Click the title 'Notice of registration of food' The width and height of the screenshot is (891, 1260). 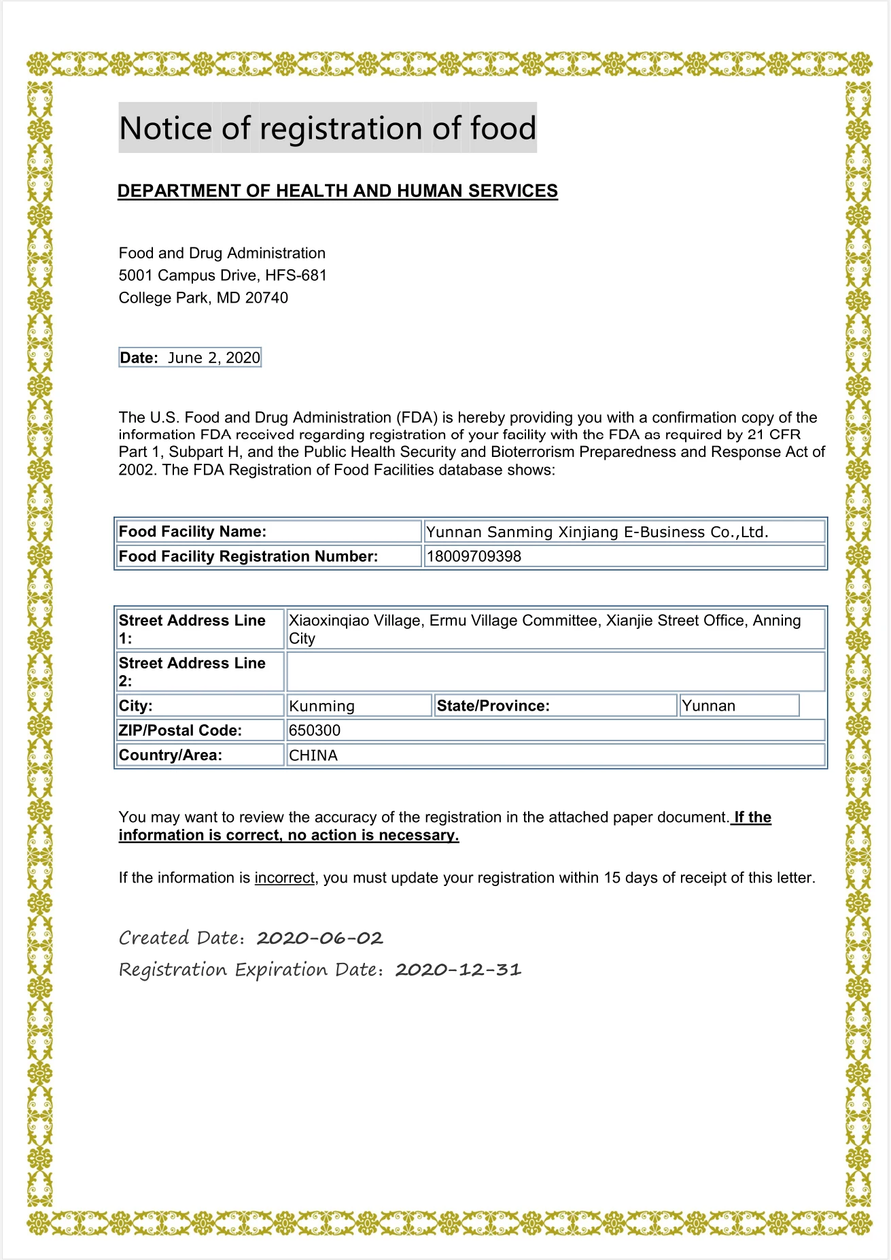point(328,128)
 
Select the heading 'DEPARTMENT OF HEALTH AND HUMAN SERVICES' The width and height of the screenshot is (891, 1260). point(337,191)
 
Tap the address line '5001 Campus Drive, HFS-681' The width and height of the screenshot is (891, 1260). point(222,275)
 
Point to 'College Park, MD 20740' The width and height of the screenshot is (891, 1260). point(203,298)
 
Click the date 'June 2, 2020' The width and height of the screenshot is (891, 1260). point(214,358)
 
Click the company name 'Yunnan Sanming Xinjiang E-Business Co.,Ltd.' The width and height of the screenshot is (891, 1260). point(597,532)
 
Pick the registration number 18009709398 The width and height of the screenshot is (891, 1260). point(474,556)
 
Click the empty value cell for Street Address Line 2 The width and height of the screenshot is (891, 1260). point(555,672)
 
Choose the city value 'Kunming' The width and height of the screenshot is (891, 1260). point(321,706)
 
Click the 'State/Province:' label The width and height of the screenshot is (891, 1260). point(493,706)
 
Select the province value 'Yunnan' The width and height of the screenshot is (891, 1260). point(708,706)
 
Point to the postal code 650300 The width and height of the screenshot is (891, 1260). point(315,730)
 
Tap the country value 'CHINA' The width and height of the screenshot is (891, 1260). point(313,755)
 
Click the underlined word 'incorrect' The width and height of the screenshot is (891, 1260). point(284,878)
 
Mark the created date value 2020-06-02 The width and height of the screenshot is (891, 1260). point(319,938)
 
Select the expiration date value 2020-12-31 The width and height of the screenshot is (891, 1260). point(458,970)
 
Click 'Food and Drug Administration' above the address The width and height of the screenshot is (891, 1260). point(222,253)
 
